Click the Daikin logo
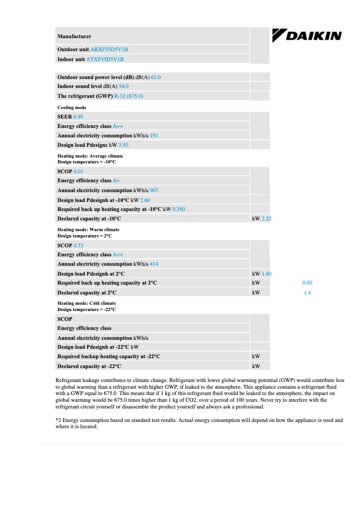307,36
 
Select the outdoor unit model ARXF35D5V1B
112,49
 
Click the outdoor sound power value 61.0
156,77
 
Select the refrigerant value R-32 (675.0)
129,96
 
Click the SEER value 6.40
78,117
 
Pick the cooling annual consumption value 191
154,136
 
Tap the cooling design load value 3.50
123,145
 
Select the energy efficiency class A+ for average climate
116,180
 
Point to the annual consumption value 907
154,190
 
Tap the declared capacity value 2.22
266,219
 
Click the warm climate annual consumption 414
154,264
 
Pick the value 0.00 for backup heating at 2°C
307,283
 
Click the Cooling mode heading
72,108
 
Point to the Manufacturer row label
74,36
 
